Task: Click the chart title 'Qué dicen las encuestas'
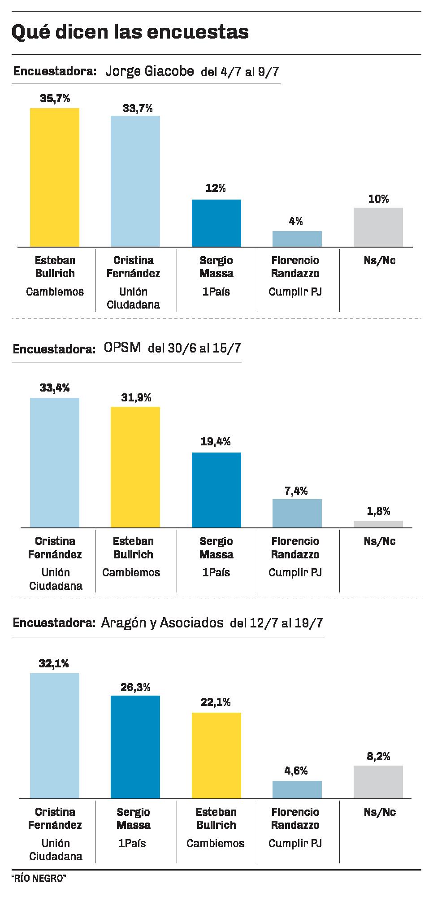(x=130, y=32)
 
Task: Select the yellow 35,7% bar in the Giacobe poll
(x=55, y=177)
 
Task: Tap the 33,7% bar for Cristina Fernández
(x=135, y=181)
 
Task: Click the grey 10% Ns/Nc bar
(x=378, y=227)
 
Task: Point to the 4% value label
(x=296, y=221)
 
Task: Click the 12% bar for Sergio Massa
(x=216, y=223)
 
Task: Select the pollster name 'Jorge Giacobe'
(x=150, y=71)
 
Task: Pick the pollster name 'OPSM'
(x=122, y=348)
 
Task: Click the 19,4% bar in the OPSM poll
(x=216, y=490)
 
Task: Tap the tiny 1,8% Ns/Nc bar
(x=378, y=524)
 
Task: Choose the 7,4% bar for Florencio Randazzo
(x=297, y=513)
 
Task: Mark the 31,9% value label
(x=136, y=397)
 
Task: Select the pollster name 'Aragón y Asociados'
(x=162, y=623)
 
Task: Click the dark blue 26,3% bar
(x=135, y=747)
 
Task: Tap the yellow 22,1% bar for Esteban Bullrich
(x=216, y=755)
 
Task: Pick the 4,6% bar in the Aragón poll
(x=297, y=789)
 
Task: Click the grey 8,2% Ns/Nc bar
(x=378, y=782)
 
